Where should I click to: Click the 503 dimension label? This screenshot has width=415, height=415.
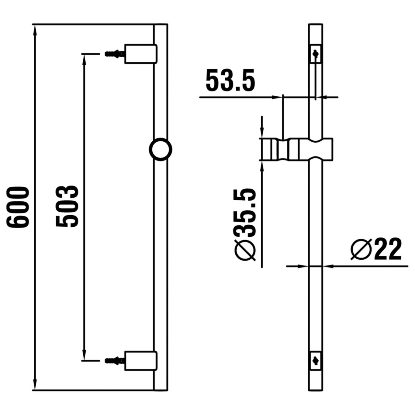click(x=67, y=207)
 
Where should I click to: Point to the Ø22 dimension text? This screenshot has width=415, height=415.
click(x=376, y=250)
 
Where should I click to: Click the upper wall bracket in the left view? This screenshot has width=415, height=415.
click(x=141, y=53)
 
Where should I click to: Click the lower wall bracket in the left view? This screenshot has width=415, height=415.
click(x=141, y=360)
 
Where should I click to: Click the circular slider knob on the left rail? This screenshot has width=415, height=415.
click(x=160, y=149)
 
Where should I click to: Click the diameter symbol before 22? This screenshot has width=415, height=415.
click(x=361, y=250)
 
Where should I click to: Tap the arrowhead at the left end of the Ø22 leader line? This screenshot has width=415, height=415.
click(x=303, y=266)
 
